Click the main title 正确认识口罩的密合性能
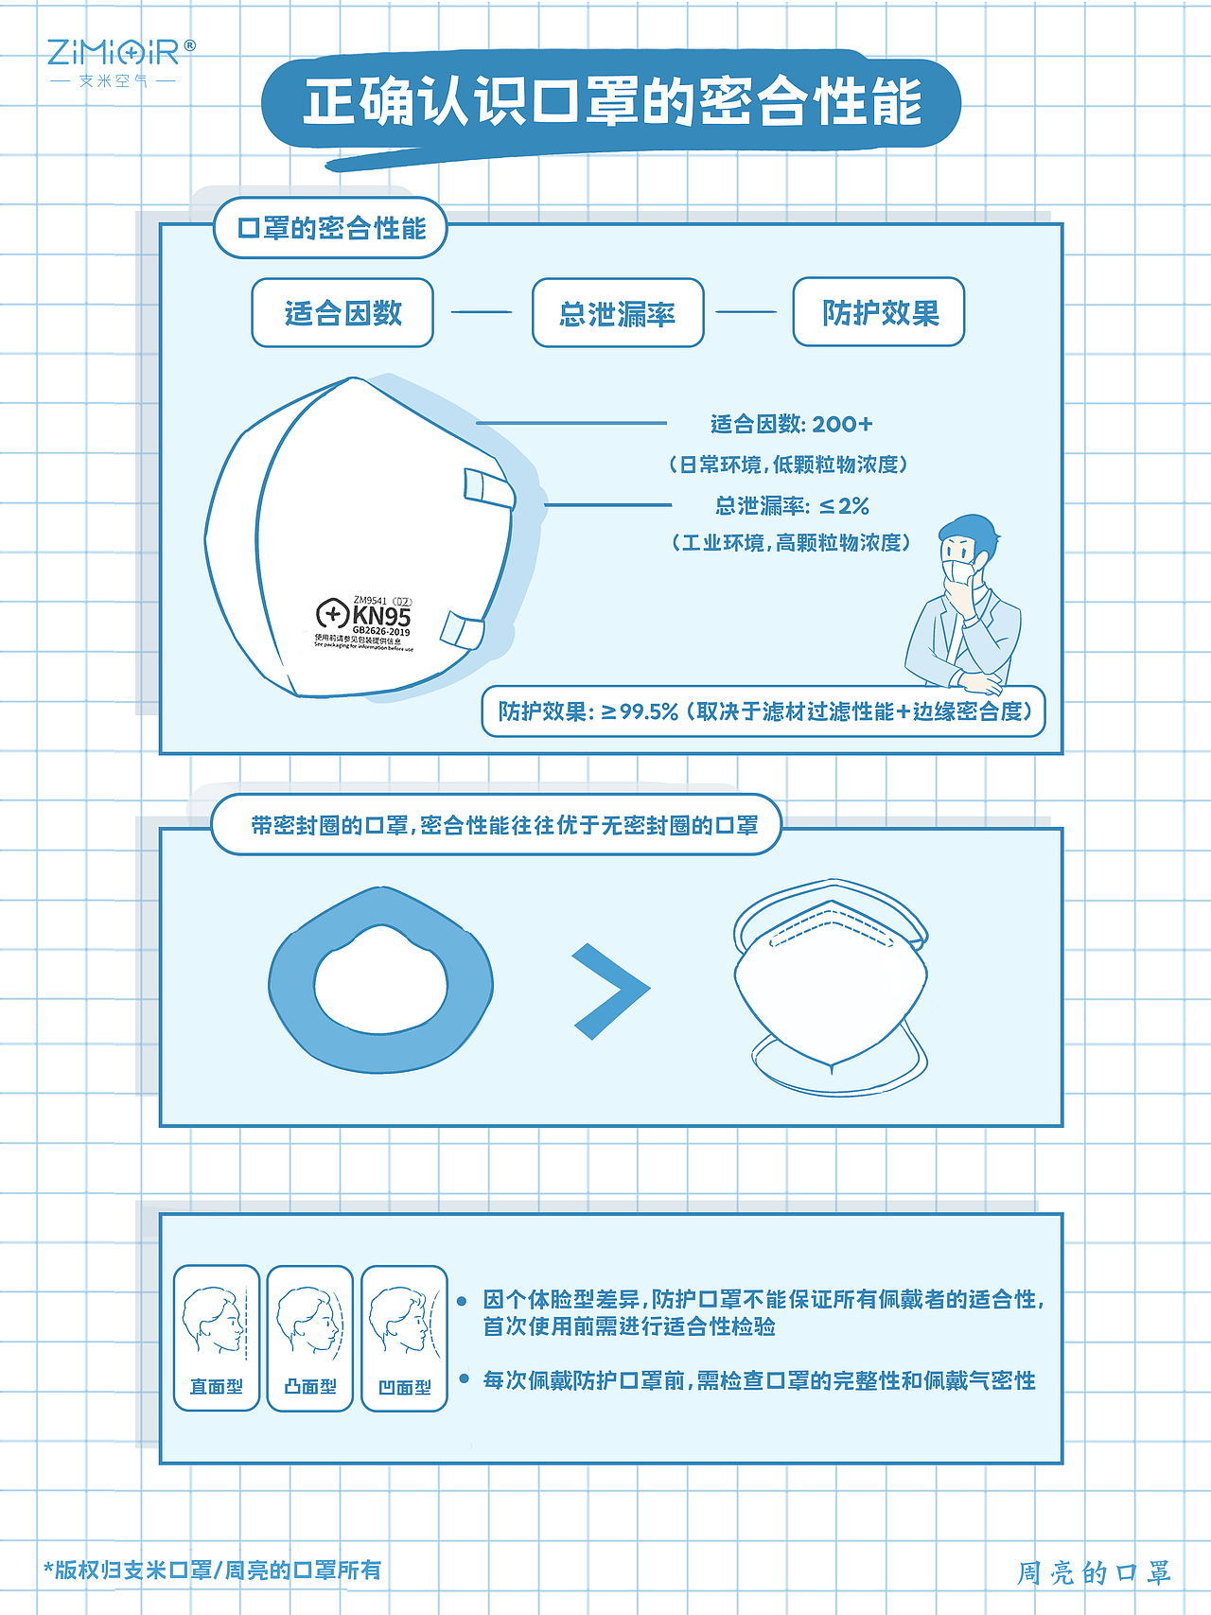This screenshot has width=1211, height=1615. click(x=611, y=102)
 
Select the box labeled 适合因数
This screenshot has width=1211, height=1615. click(x=342, y=313)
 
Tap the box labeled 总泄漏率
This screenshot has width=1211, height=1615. click(x=618, y=313)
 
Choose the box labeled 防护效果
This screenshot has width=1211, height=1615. click(x=878, y=312)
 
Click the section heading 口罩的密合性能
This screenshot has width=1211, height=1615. click(x=330, y=228)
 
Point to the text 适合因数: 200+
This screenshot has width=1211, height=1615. click(x=791, y=424)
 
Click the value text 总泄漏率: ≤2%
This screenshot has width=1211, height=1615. click(x=791, y=505)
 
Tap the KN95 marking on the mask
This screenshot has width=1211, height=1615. click(x=380, y=616)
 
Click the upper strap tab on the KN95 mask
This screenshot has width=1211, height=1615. click(x=487, y=488)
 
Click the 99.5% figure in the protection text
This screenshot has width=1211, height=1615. click(x=649, y=711)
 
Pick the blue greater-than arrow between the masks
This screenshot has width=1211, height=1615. click(x=609, y=991)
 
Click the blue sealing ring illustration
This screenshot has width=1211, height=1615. click(x=380, y=980)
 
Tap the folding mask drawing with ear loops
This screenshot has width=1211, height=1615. click(x=831, y=986)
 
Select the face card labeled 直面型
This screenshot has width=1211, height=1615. click(x=217, y=1338)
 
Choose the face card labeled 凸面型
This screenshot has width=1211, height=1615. click(x=310, y=1338)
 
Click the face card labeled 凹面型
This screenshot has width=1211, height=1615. click(x=404, y=1338)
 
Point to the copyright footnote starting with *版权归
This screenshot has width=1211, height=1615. click(x=213, y=1570)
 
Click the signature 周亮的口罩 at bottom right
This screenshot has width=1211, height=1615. click(x=1094, y=1572)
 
